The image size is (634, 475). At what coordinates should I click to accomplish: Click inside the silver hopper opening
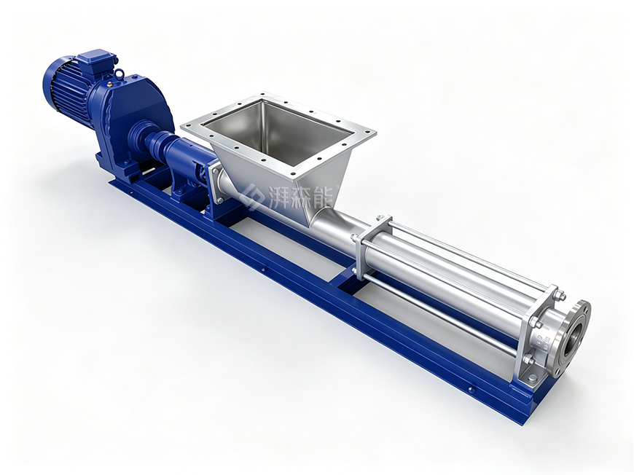(275, 130)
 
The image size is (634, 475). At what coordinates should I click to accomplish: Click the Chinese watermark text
(301, 197)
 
